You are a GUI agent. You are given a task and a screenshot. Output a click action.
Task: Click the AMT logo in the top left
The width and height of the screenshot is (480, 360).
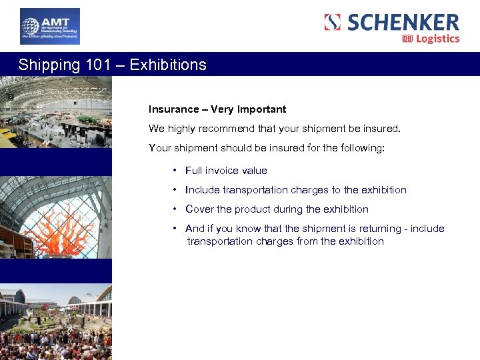[49, 27]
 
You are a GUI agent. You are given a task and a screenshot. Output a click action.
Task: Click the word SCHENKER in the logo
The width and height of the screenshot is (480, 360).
[403, 22]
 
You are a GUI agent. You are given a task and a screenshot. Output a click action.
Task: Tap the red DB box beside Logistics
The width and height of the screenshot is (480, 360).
[407, 39]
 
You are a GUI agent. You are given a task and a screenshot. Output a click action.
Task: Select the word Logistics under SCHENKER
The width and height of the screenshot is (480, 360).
[438, 39]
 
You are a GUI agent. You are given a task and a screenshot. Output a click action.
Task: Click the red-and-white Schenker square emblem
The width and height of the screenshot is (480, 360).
[332, 22]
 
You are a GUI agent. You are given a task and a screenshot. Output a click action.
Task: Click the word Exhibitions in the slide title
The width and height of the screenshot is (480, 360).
[168, 65]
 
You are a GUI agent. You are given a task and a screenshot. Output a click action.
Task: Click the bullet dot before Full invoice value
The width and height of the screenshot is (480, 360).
[174, 171]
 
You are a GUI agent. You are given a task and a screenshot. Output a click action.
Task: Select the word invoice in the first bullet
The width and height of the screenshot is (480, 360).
[225, 171]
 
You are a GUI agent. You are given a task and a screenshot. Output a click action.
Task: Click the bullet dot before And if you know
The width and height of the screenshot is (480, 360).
[174, 229]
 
